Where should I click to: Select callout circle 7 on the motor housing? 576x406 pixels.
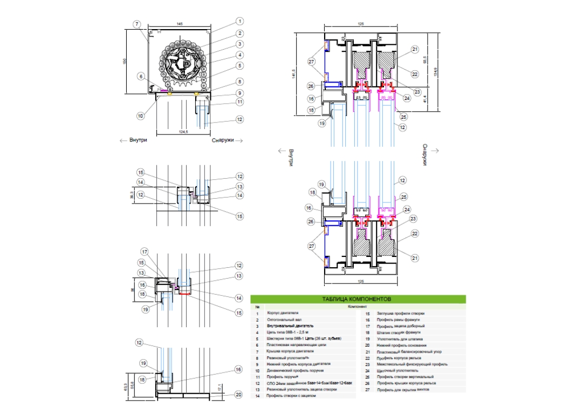pos(137,24)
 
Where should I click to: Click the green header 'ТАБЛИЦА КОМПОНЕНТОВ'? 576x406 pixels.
pos(356,299)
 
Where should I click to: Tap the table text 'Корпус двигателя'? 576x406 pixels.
pos(283,313)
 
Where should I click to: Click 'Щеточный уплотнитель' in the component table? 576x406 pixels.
pos(399,370)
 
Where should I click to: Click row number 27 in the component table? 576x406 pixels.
pos(367,389)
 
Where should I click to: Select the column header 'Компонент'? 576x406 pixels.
pos(358,306)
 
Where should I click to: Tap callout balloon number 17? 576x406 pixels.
pos(144,252)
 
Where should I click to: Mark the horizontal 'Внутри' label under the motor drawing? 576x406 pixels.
pos(138,140)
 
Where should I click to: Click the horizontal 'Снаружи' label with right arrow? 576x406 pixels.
pos(223,140)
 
